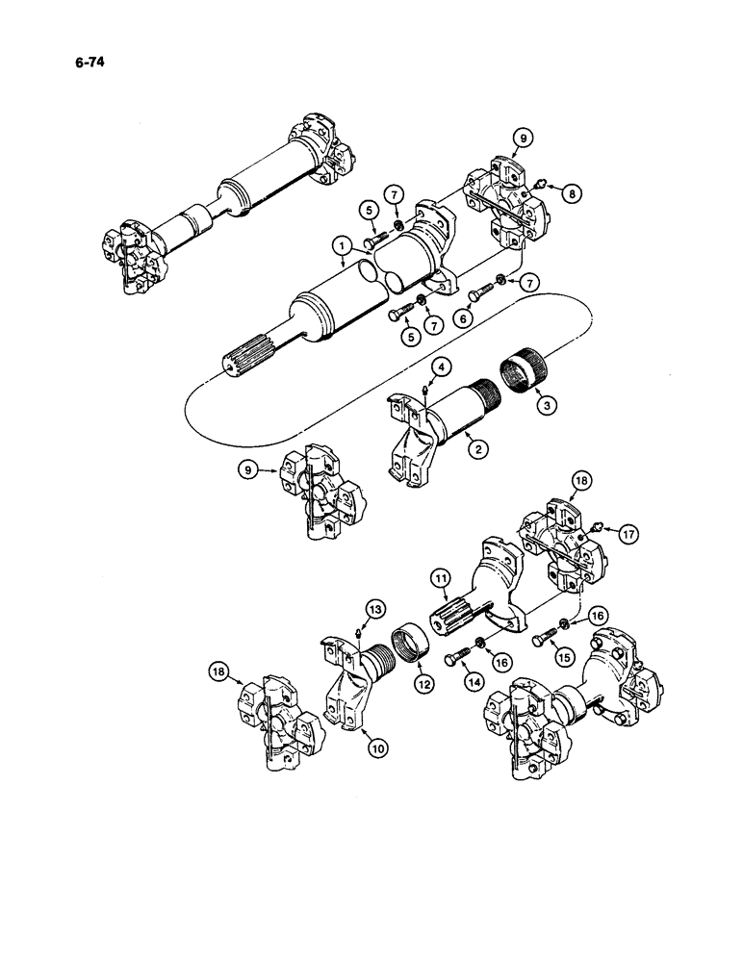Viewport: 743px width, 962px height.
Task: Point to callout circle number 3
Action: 549,406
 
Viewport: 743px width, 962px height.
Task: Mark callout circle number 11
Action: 441,579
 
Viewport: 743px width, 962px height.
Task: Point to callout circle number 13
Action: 374,608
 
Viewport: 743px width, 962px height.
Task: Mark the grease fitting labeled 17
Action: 597,528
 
